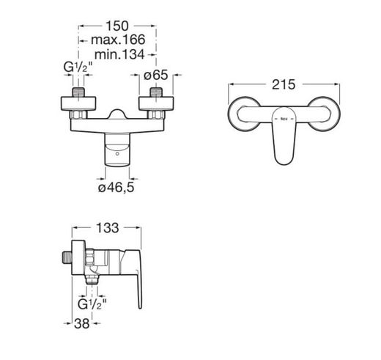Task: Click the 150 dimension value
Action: click(x=117, y=26)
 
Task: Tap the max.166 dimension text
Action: click(x=118, y=40)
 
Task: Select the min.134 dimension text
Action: click(x=119, y=54)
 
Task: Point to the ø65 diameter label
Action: click(x=156, y=75)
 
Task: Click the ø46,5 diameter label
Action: click(x=116, y=188)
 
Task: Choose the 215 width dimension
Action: click(x=284, y=84)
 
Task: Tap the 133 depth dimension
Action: click(x=108, y=228)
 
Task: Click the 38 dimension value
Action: click(x=82, y=323)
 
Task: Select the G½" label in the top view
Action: click(x=78, y=67)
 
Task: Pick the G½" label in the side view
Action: click(x=92, y=304)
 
